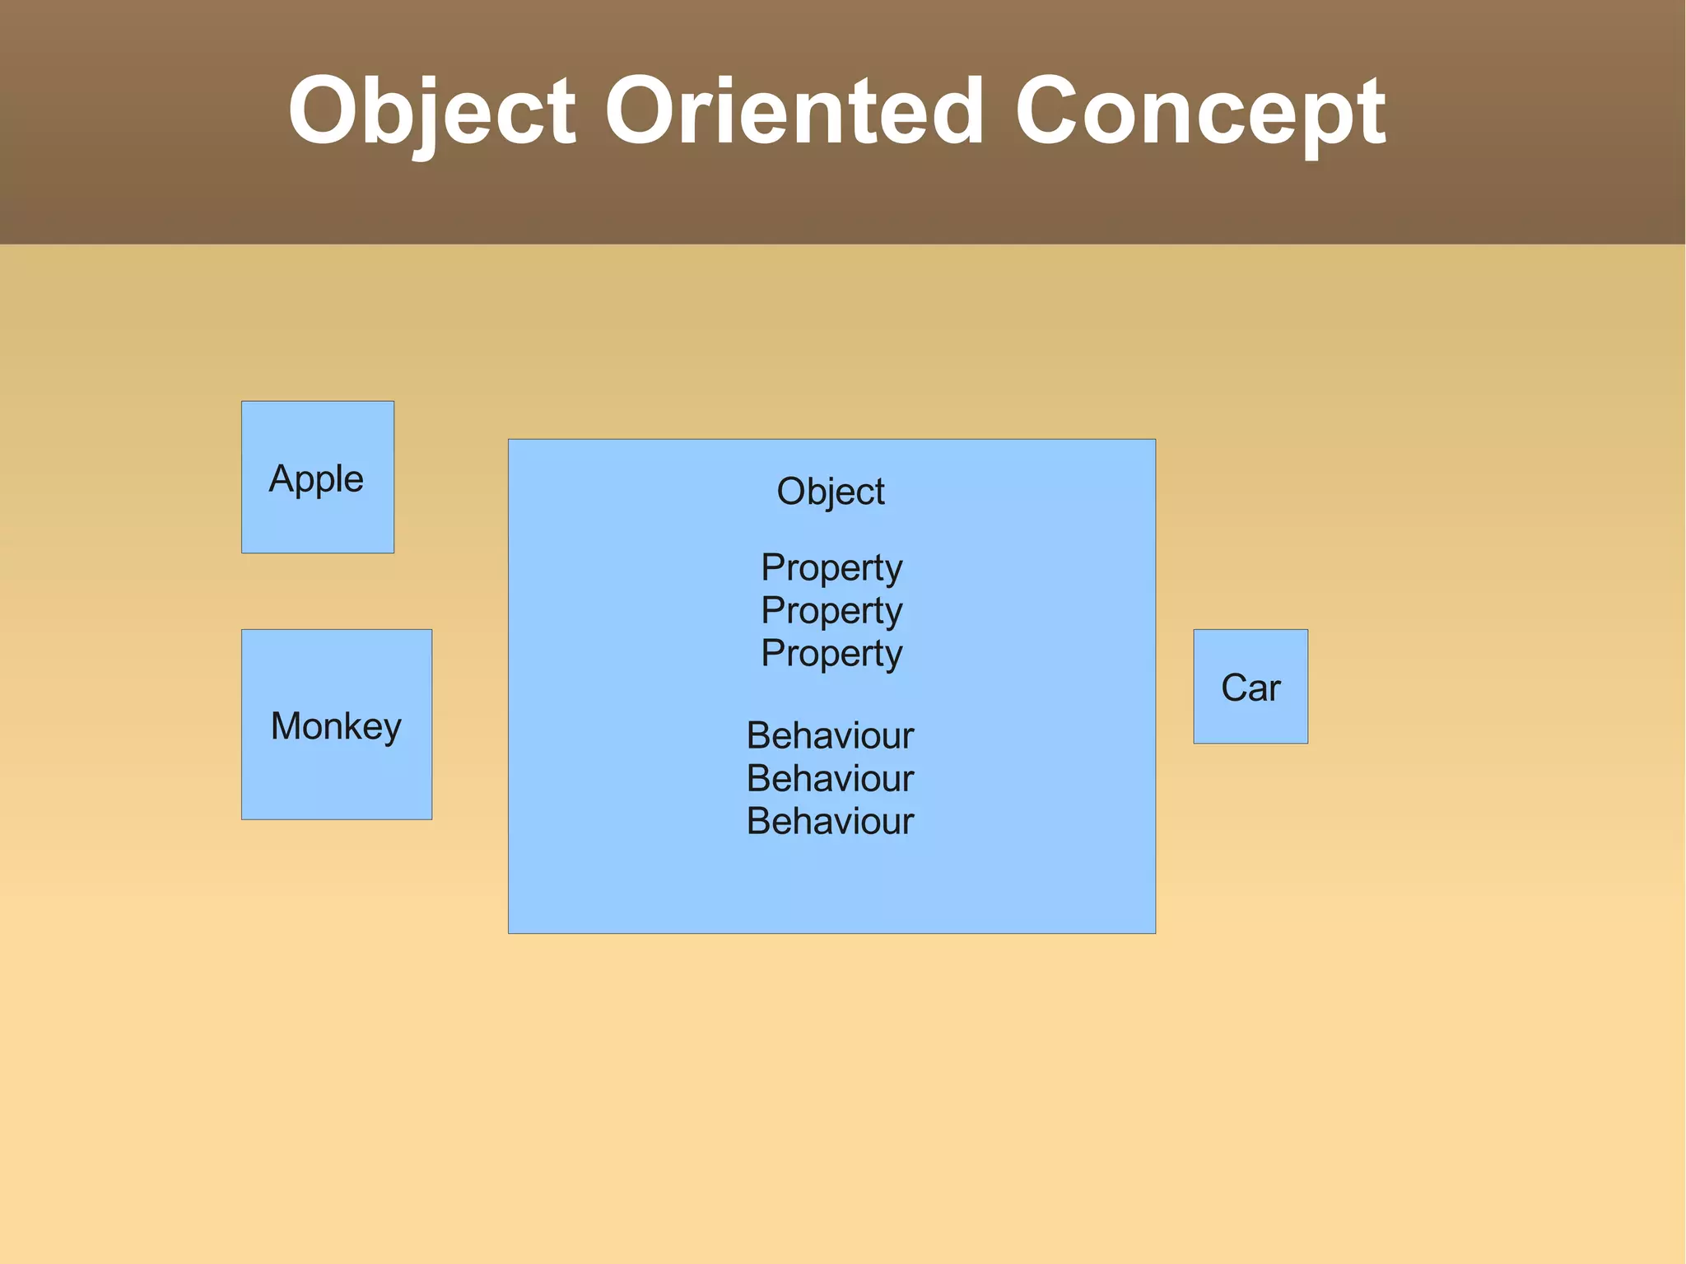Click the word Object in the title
point(431,111)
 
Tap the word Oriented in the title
point(794,111)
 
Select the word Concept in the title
point(1200,111)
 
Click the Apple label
point(316,479)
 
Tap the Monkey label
point(336,726)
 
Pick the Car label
point(1251,688)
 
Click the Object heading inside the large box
point(831,492)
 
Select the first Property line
point(831,568)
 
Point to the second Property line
point(831,611)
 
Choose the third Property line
point(831,654)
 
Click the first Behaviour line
point(830,736)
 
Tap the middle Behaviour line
point(830,779)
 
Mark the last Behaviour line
point(830,822)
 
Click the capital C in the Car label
point(1234,688)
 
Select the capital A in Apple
point(282,478)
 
